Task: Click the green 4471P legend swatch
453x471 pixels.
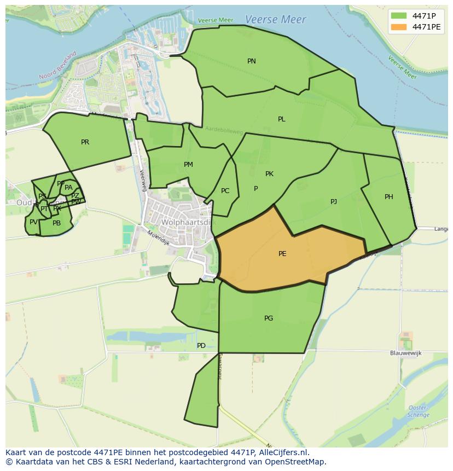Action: tap(399, 16)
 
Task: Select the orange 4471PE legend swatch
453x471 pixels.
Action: tap(399, 27)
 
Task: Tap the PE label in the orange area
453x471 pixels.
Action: tap(282, 254)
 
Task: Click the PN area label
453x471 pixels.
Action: tap(252, 61)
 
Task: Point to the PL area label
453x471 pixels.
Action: tap(282, 119)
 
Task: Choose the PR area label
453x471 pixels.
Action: tap(85, 142)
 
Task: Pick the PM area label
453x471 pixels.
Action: tap(188, 165)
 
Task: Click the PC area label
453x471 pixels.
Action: tap(225, 191)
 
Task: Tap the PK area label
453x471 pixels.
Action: tap(269, 174)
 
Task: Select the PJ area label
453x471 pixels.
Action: tap(334, 202)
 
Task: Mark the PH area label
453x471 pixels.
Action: tap(388, 197)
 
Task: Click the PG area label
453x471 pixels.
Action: tap(269, 318)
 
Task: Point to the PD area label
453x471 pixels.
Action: tap(201, 346)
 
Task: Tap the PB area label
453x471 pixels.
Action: tap(56, 223)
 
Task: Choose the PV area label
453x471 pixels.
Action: tap(33, 222)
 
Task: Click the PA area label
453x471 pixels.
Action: tap(68, 188)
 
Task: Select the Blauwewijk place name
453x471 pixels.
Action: tap(405, 353)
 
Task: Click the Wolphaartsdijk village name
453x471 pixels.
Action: tap(189, 223)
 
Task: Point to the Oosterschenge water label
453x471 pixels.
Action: tap(419, 411)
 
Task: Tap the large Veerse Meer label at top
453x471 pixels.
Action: tap(275, 20)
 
